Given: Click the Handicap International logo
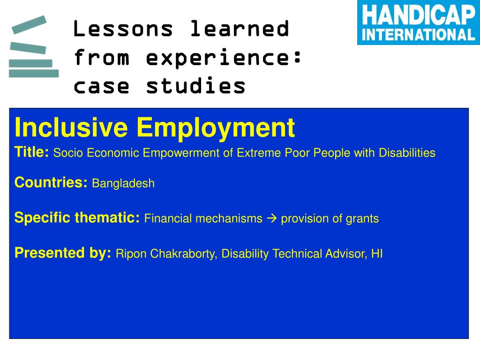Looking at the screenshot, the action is point(419,22).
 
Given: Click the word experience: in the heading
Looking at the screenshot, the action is point(224,57).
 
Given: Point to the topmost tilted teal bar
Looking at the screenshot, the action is point(29,24).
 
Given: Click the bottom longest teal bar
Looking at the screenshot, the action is point(34,74).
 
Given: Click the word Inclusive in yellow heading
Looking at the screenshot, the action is point(71,127).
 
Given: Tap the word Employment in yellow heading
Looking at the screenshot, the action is point(216,129).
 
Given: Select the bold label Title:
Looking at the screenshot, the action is point(31,152).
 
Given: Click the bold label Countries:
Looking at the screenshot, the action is point(51,182).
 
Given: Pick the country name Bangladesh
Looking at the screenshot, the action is point(123,183).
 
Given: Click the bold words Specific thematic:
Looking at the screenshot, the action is point(77,217).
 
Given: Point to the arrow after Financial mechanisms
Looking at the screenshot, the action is point(272,218).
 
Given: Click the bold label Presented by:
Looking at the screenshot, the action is point(63,253).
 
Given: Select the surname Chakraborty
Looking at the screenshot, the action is point(183,254).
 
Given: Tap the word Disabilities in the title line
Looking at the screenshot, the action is point(407,152).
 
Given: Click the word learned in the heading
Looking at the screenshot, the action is point(240,29).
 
